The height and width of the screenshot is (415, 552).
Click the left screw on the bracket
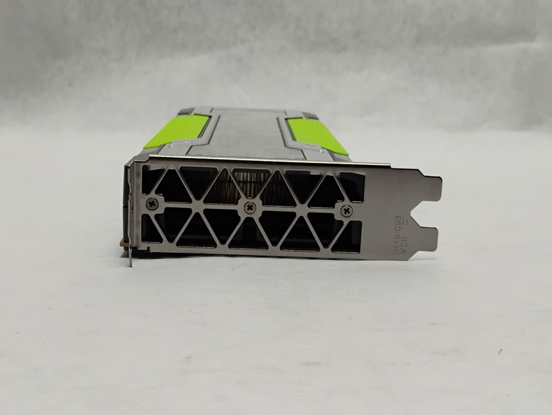[x=152, y=203]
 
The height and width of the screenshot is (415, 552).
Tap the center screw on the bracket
[x=249, y=207]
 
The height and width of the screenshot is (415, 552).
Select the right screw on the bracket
[x=346, y=211]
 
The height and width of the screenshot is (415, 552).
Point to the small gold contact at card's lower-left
[x=123, y=244]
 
